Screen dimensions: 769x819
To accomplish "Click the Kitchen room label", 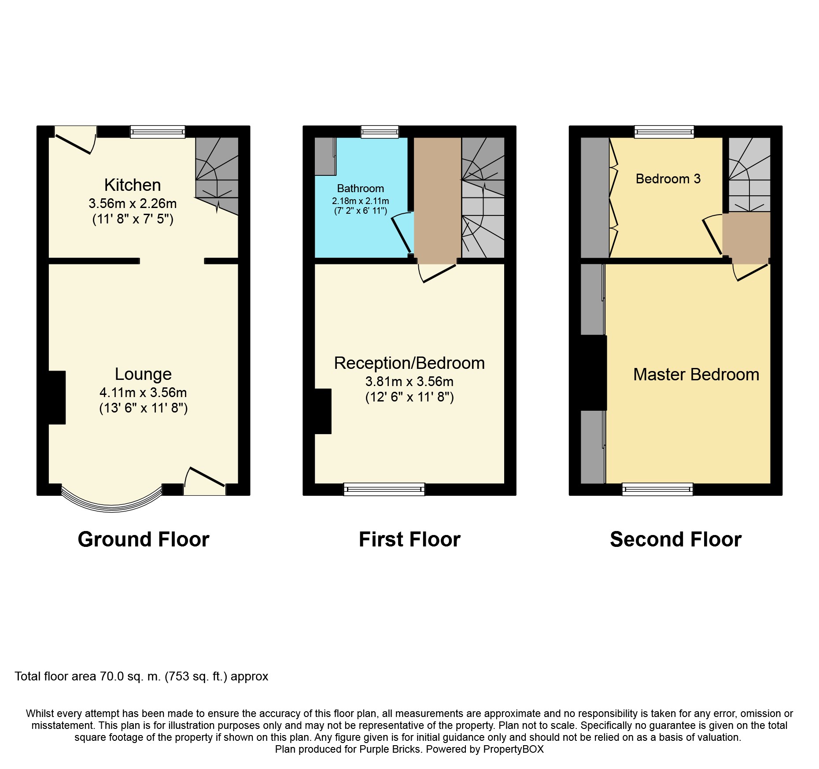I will (133, 185).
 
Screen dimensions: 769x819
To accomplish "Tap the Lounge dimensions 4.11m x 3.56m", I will (143, 392).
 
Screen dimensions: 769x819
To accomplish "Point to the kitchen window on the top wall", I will (158, 132).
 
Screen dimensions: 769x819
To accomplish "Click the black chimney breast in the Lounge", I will (57, 398).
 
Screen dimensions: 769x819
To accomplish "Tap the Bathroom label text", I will (360, 189).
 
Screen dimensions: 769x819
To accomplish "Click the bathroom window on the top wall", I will (380, 132).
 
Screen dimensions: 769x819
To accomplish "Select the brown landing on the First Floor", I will (437, 198).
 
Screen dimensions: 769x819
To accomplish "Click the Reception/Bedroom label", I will (409, 363).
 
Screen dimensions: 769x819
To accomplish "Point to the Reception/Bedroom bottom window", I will (384, 489).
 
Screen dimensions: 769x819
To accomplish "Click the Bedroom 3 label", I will (668, 179).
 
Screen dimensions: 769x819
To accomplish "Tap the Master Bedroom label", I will (696, 375).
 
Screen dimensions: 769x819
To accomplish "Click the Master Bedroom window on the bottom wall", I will (657, 489).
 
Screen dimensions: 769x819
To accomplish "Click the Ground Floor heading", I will (143, 539).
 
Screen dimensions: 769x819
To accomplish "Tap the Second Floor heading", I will (675, 539).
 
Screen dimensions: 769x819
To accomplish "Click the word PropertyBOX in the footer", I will (513, 749).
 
